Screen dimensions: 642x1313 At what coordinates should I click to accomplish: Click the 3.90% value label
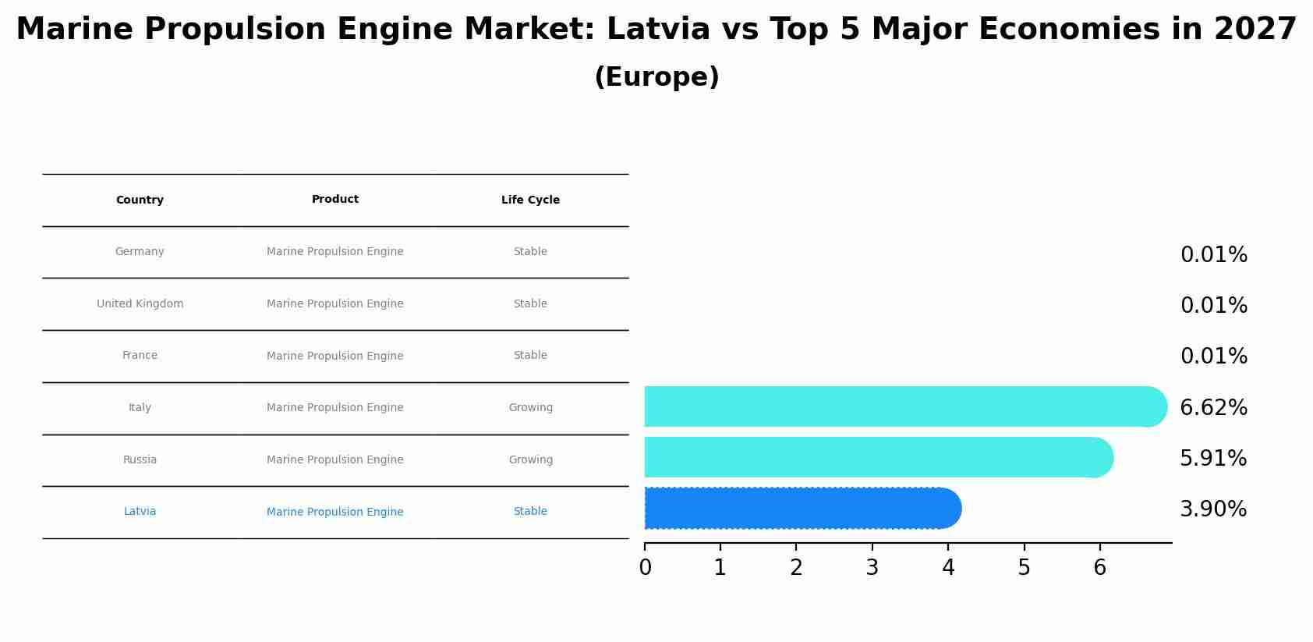(1212, 509)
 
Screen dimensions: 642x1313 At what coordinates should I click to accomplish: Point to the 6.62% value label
(1213, 408)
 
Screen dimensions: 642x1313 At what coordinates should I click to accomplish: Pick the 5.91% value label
(1212, 459)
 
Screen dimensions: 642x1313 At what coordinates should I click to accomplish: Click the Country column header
(140, 200)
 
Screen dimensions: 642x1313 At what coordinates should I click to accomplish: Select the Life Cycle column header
(530, 200)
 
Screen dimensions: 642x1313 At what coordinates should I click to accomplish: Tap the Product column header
(335, 200)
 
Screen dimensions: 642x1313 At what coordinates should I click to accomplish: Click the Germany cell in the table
(140, 252)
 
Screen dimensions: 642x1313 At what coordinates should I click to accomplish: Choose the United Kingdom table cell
(140, 304)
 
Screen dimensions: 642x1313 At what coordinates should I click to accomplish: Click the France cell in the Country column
(140, 356)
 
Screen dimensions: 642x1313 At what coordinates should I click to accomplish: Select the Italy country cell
(140, 408)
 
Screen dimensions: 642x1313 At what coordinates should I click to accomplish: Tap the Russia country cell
(140, 460)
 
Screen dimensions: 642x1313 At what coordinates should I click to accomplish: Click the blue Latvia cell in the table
(140, 512)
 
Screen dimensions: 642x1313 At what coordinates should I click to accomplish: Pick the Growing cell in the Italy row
(530, 408)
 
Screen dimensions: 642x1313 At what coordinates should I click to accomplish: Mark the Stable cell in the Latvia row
(530, 512)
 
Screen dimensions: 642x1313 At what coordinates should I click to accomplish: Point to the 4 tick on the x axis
(948, 568)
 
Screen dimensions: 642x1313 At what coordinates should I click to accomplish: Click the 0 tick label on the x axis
(645, 568)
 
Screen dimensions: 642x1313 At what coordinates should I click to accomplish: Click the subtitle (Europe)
(656, 77)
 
